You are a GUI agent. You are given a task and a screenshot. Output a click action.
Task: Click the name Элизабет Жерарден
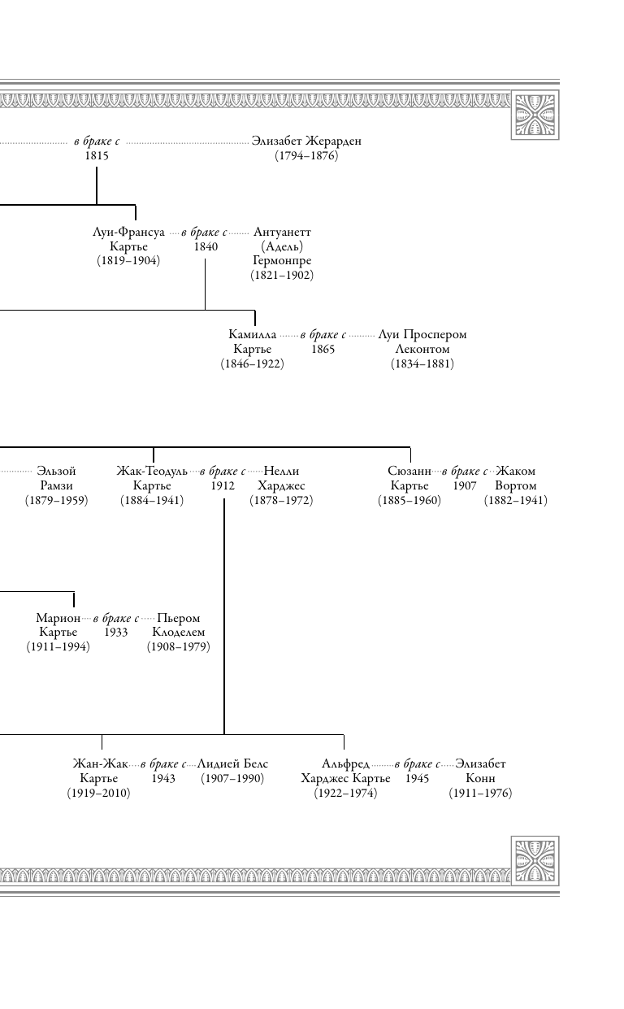tap(306, 141)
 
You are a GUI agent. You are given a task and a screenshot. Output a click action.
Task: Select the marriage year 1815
tap(97, 156)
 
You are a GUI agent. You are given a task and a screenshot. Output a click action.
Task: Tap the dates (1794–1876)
tap(306, 156)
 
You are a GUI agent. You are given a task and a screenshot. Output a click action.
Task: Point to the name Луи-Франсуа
tap(128, 233)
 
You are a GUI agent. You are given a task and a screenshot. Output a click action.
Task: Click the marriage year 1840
tap(206, 247)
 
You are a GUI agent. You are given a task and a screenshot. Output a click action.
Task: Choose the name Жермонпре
tap(282, 261)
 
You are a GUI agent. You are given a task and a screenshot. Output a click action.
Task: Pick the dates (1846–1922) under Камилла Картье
tap(252, 364)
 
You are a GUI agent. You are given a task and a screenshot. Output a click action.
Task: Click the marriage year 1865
tap(323, 350)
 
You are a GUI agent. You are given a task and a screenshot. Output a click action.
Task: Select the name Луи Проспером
tap(422, 335)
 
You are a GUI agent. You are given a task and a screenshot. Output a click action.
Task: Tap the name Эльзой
tap(56, 472)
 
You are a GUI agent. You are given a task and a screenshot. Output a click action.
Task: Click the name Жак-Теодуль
tap(152, 472)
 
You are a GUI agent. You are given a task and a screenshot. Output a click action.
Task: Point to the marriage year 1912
tap(223, 486)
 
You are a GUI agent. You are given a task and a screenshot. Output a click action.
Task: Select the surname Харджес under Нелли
tap(281, 486)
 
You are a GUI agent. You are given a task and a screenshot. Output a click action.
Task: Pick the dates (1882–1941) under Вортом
tap(516, 501)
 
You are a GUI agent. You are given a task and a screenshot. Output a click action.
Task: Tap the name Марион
tap(58, 619)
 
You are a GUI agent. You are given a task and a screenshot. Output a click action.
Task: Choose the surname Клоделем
tap(179, 633)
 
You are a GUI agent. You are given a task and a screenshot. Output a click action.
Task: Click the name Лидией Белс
tap(232, 764)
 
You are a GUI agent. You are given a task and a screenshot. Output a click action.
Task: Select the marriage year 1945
tap(417, 779)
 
